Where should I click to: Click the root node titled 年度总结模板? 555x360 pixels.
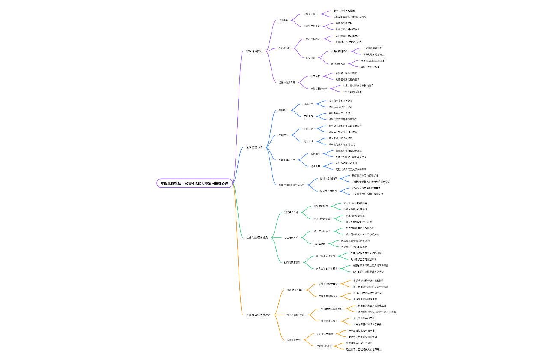[194, 183]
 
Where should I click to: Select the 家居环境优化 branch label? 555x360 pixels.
[257, 51]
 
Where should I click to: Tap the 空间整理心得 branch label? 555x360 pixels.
[257, 147]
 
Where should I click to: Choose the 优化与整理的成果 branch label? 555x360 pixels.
[257, 237]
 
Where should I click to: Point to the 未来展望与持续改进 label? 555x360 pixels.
[258, 315]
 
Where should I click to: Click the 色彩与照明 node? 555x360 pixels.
[284, 48]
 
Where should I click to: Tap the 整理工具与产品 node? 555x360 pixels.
[287, 160]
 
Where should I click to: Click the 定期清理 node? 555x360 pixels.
[308, 116]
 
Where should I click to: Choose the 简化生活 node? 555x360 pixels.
[308, 141]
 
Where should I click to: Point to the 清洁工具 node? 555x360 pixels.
[316, 166]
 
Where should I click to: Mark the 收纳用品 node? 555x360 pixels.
[315, 154]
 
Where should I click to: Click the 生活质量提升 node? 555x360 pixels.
[291, 213]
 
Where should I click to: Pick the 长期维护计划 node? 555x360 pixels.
[294, 339]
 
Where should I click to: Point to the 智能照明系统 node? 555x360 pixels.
[338, 64]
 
